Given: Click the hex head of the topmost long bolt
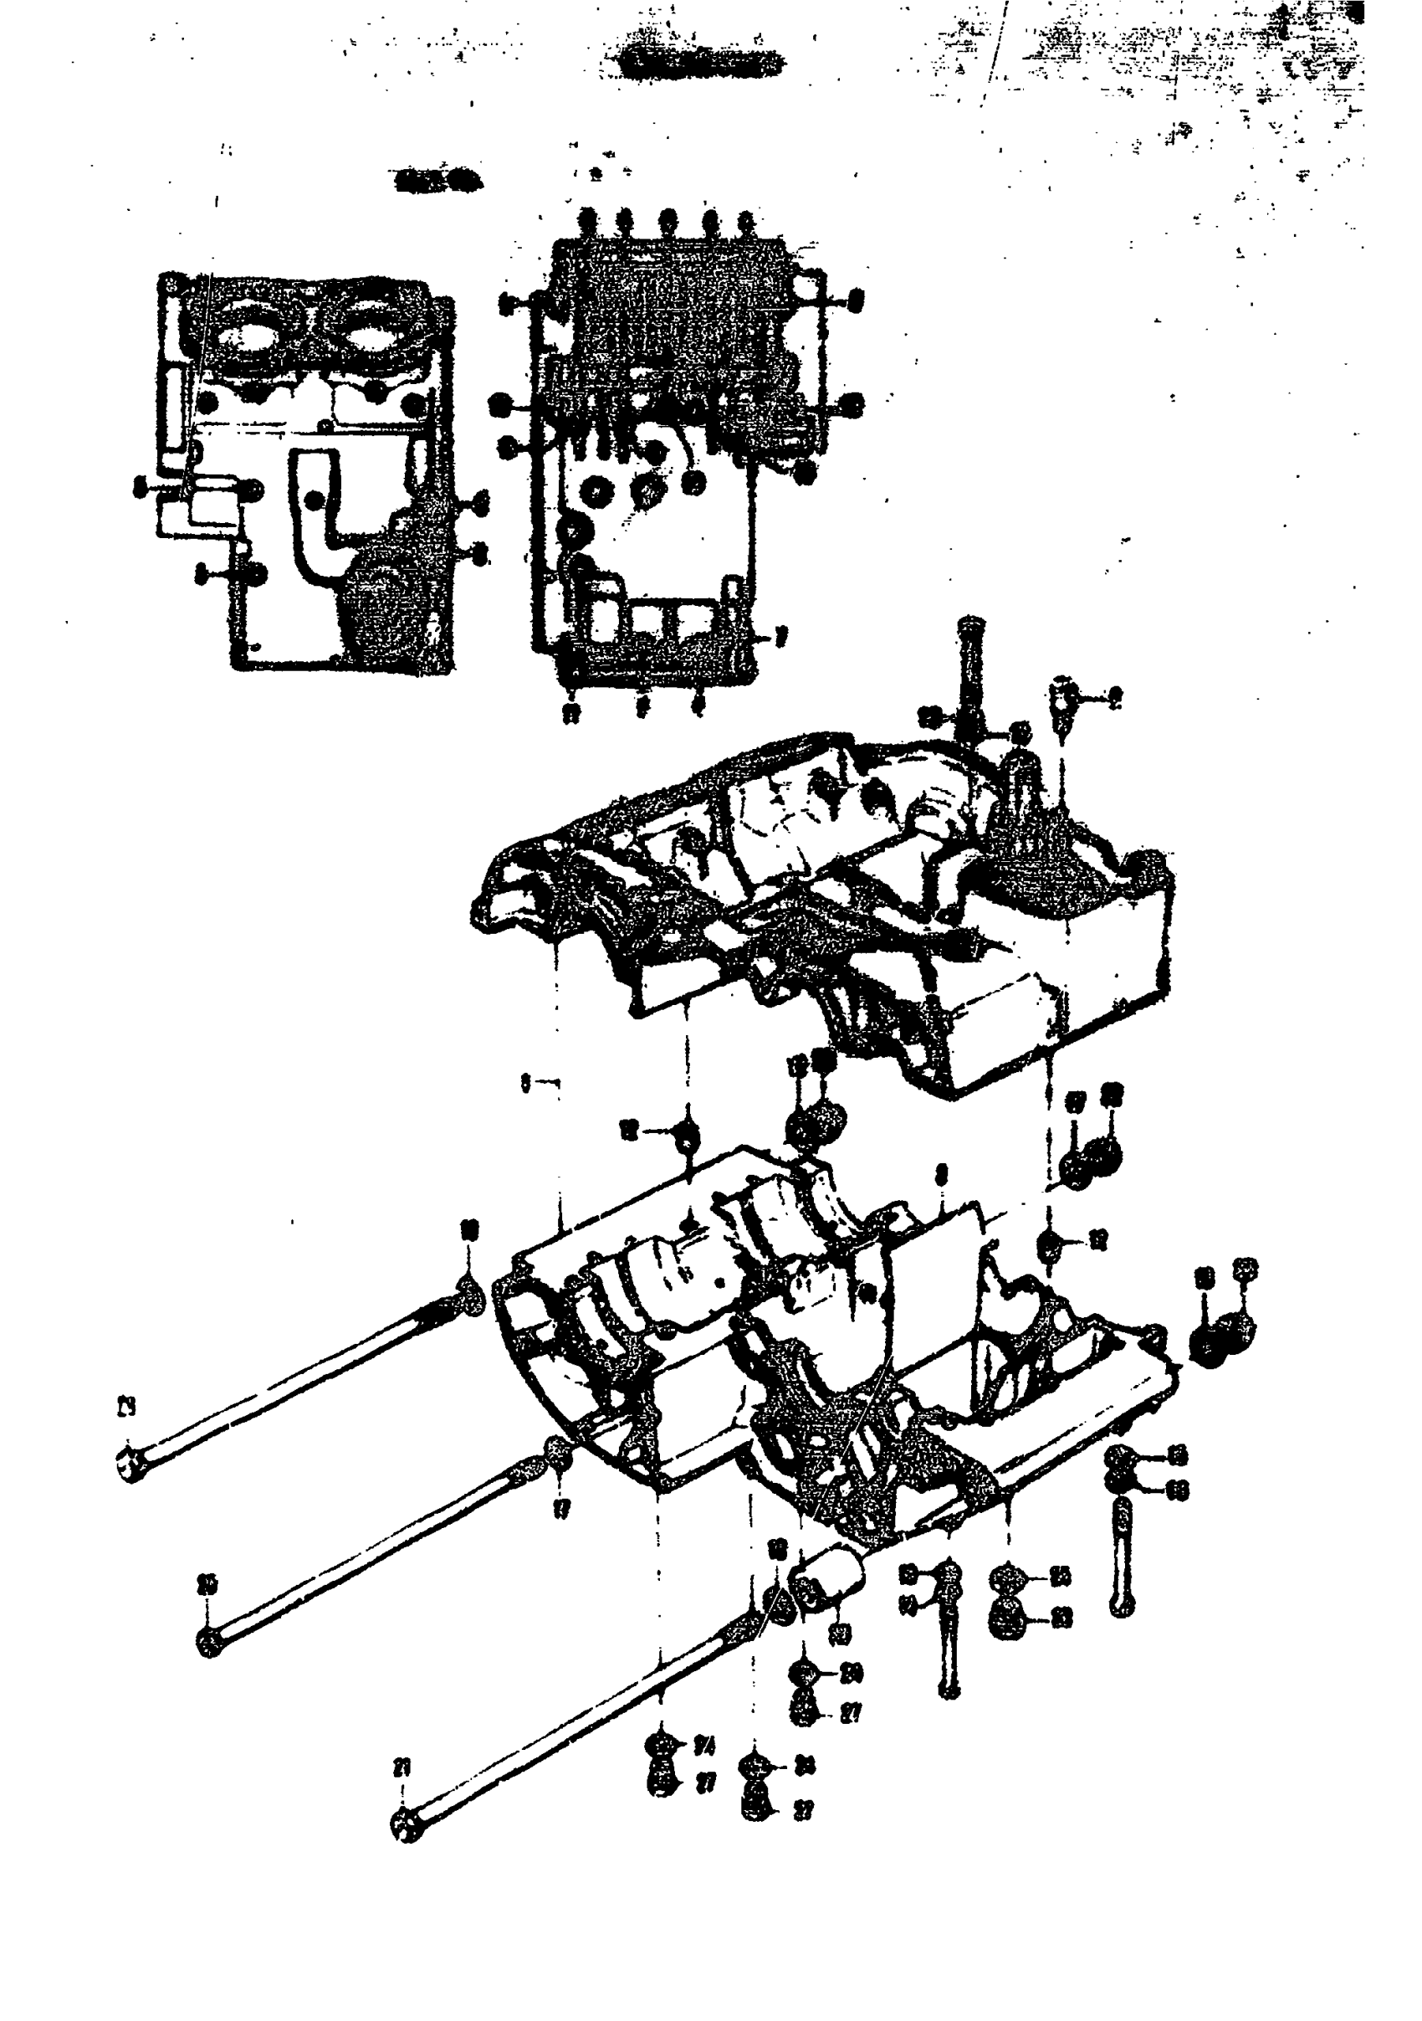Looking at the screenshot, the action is point(130,1465).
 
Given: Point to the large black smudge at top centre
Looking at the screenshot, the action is point(699,62).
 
